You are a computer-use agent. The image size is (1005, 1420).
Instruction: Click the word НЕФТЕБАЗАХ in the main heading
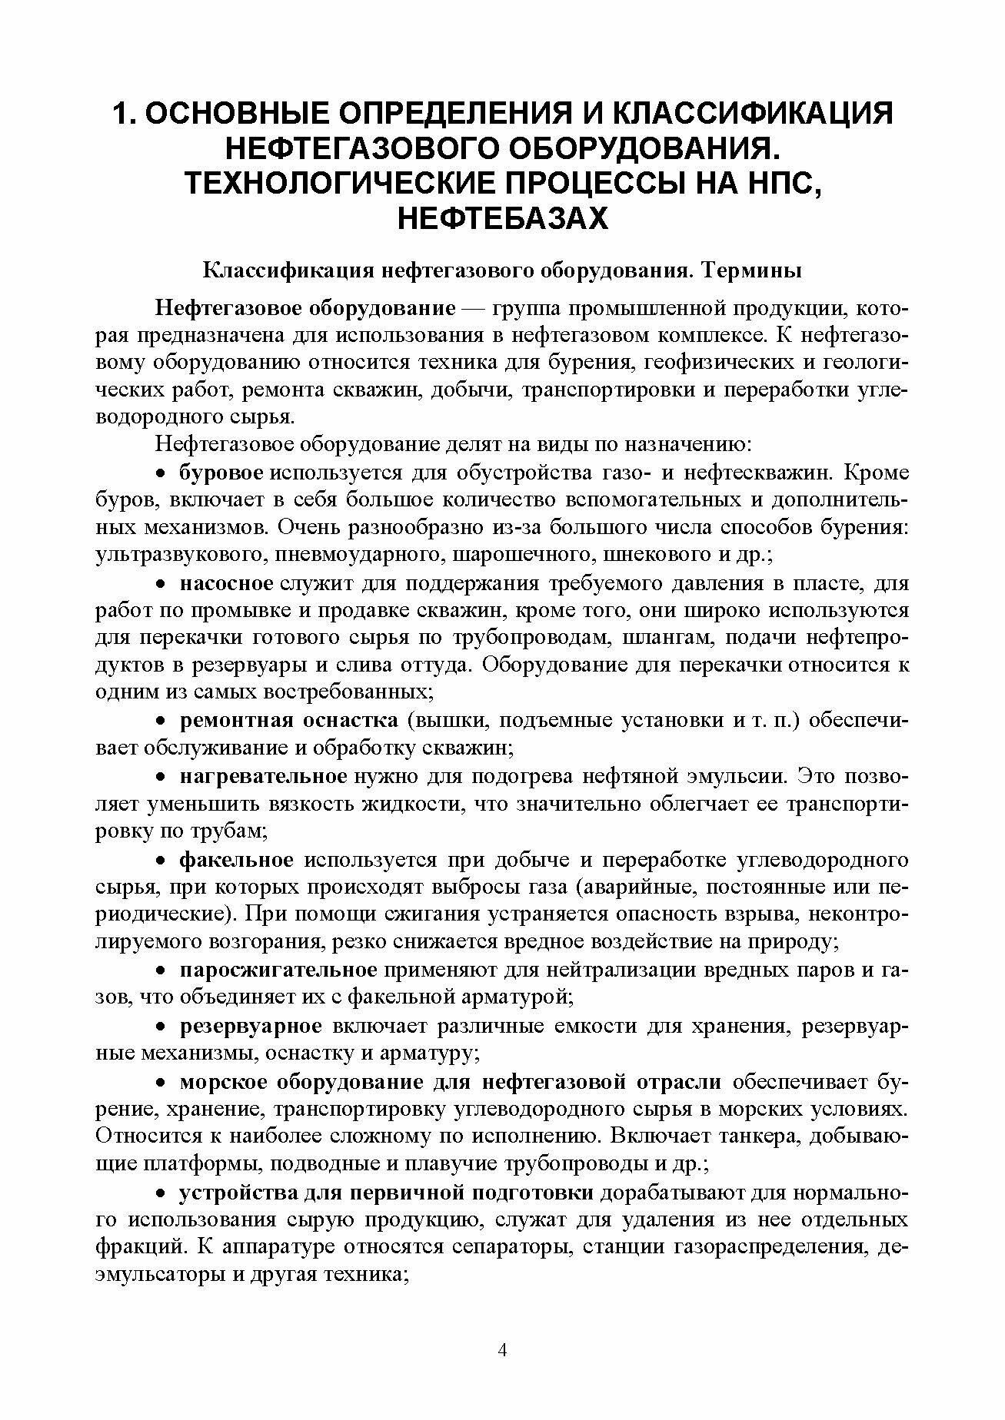503,219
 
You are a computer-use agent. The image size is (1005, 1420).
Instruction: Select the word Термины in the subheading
754,271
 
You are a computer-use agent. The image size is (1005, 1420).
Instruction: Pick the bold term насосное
227,583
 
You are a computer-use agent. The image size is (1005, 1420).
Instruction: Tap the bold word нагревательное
264,776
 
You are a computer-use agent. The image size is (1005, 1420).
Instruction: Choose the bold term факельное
236,859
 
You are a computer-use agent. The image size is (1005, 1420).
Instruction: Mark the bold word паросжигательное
278,970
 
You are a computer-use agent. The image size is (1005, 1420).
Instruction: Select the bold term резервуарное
251,1026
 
